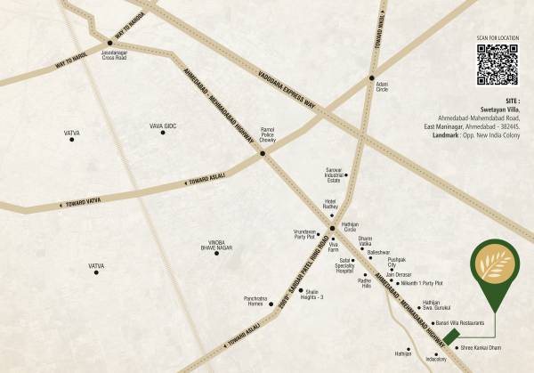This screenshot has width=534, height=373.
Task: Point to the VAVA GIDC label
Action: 163,126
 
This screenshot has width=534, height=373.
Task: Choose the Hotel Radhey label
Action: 334,206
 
